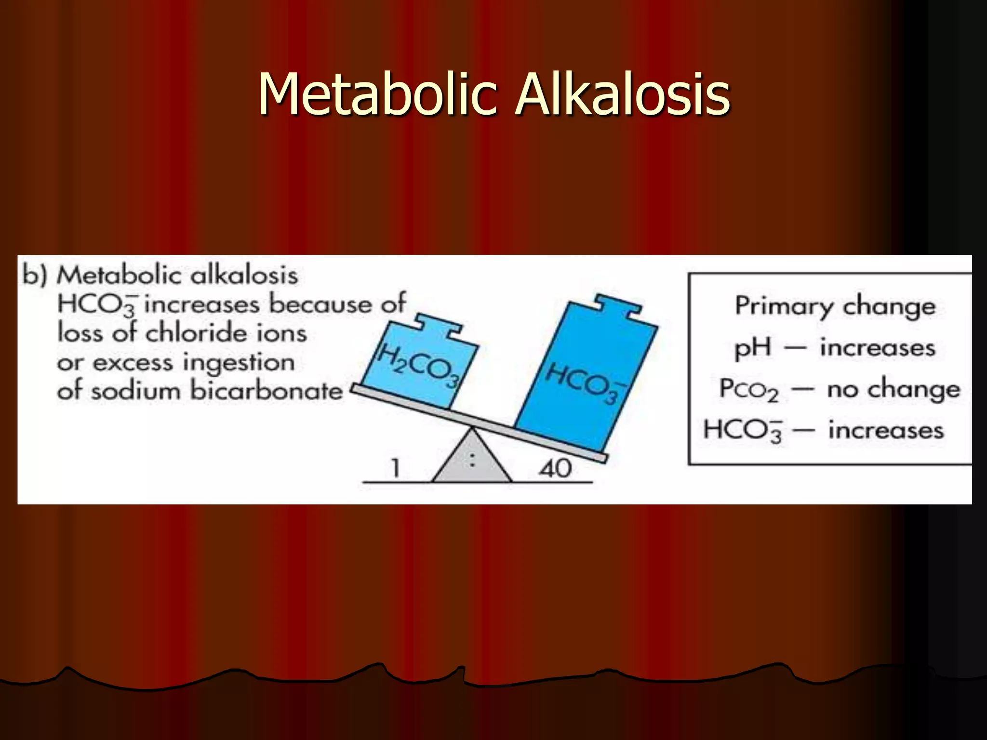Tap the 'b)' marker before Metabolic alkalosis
click(x=35, y=276)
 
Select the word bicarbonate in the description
click(x=266, y=390)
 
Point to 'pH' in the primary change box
click(x=752, y=348)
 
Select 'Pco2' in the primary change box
click(x=748, y=389)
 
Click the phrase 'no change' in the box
click(x=894, y=389)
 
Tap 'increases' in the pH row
click(x=877, y=348)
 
